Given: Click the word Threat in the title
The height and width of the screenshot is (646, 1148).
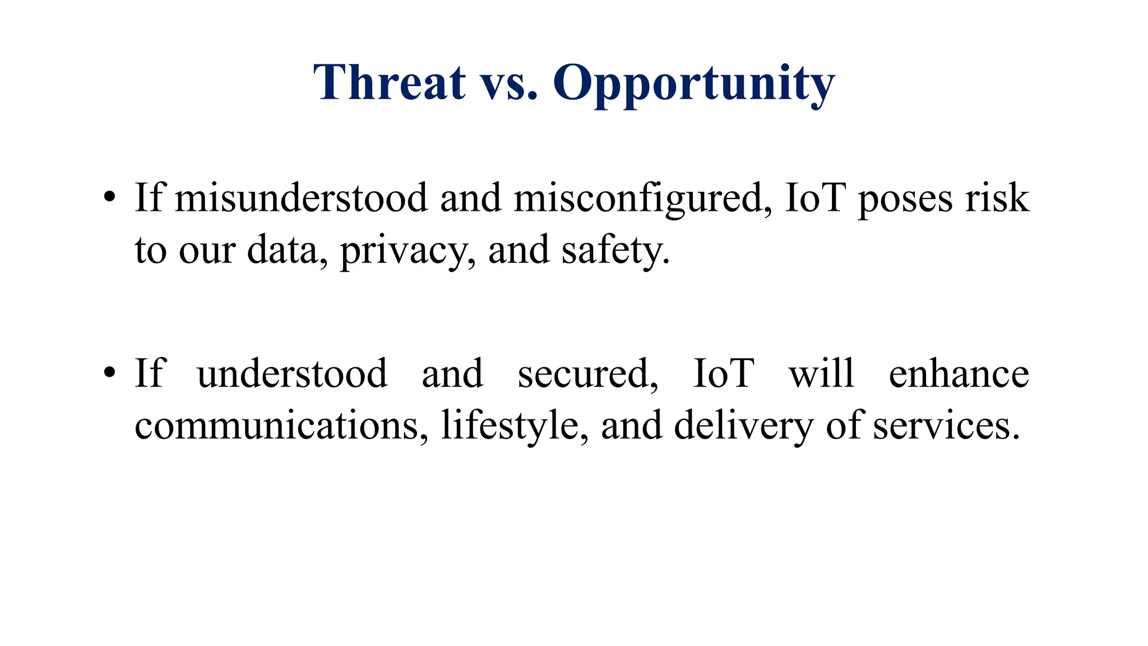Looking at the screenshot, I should (389, 82).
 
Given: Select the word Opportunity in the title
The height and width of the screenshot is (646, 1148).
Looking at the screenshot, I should (694, 84).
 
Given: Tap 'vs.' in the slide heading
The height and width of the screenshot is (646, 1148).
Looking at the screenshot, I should (509, 84).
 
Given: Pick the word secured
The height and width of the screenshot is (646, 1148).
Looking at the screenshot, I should (587, 373).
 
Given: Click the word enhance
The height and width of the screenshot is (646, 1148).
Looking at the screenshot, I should (959, 373).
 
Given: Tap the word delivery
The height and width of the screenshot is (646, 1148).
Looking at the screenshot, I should (743, 426).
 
